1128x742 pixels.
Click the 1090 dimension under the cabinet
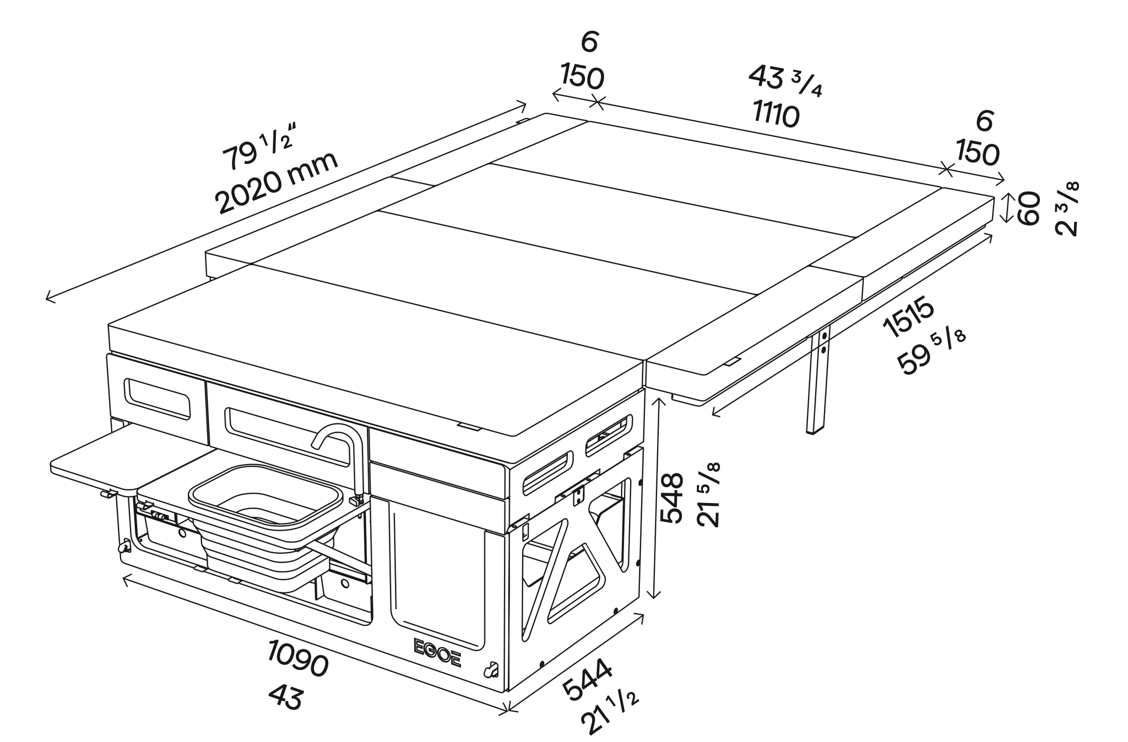coord(298,658)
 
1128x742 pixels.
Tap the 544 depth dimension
coord(587,680)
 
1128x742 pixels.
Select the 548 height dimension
coord(671,498)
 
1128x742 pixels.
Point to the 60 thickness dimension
coord(1029,208)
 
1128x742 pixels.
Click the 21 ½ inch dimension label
coord(612,710)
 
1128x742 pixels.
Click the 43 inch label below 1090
coord(286,698)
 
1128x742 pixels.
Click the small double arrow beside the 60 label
coord(1006,207)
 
